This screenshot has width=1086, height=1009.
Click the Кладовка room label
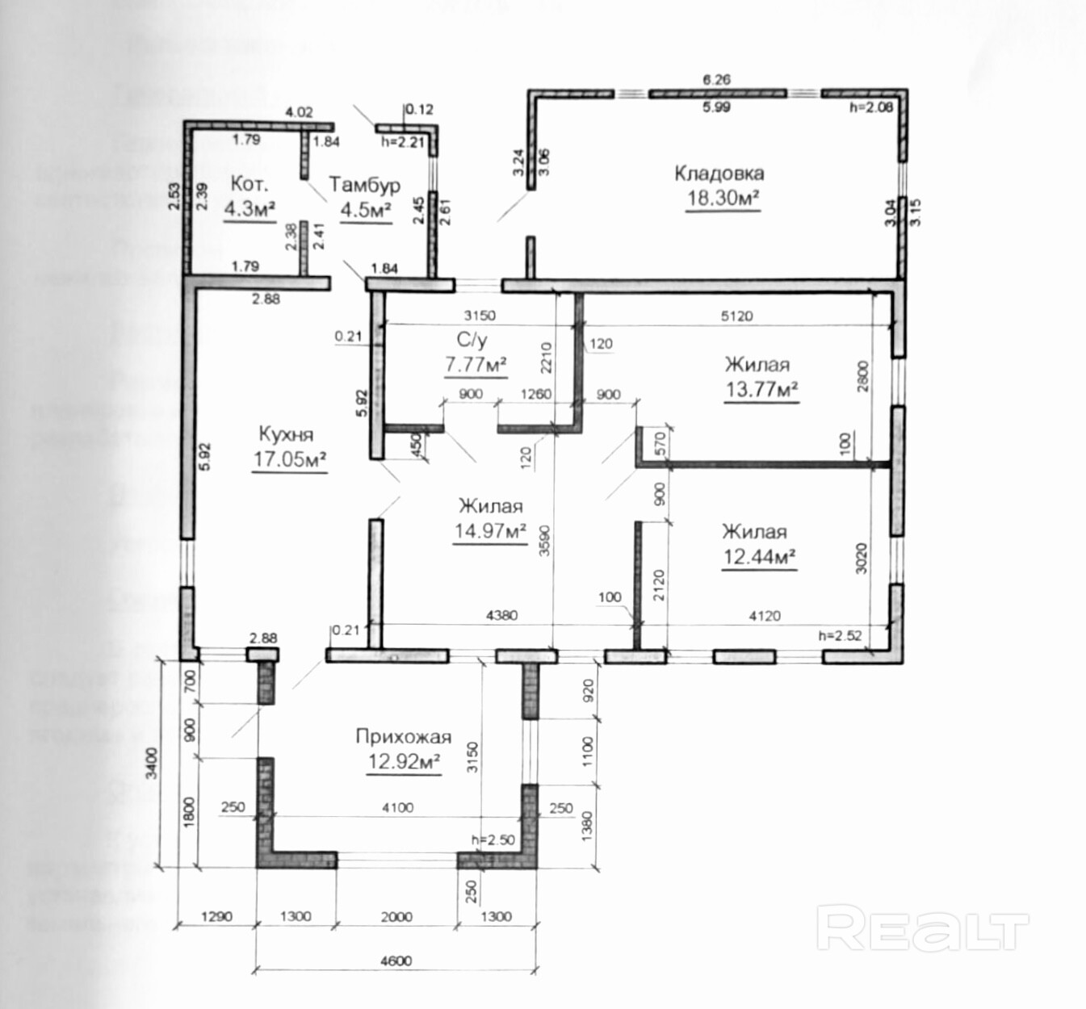point(719,173)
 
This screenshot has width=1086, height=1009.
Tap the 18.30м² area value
point(723,198)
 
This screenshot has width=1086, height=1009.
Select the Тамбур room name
point(364,185)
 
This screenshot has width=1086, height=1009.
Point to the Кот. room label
point(249,184)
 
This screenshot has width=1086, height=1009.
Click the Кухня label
point(286,433)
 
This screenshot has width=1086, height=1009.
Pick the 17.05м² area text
point(290,459)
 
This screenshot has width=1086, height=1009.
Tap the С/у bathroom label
point(472,341)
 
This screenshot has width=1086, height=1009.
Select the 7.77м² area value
point(476,365)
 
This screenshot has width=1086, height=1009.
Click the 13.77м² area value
point(761,390)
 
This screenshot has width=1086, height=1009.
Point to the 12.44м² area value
point(759,557)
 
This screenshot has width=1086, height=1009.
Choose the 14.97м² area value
point(490,531)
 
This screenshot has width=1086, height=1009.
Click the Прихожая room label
point(403,736)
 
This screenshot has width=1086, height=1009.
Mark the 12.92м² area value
point(404,761)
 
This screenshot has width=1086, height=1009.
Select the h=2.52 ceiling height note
point(840,635)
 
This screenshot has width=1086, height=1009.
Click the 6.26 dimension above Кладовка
point(716,79)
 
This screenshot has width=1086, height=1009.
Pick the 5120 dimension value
point(736,316)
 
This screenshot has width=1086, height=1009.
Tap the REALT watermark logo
point(922,929)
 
